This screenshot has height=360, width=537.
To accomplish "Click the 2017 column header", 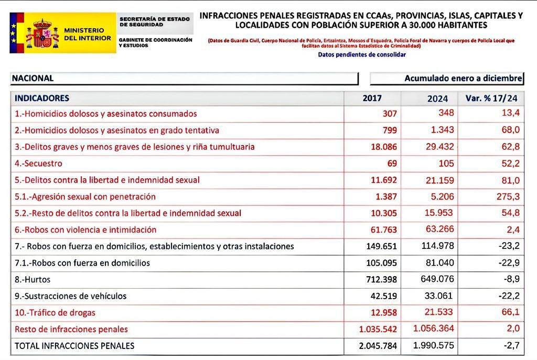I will point(372,98).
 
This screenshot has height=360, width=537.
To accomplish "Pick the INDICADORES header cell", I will point(42,98).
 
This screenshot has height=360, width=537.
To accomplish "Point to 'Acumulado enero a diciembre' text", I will point(463,78).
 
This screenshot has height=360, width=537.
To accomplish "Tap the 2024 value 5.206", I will point(441,197).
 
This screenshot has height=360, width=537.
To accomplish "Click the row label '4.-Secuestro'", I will point(39,163).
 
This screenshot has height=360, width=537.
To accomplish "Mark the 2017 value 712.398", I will point(379,280).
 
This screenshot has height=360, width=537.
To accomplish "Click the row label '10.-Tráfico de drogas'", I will point(55,313).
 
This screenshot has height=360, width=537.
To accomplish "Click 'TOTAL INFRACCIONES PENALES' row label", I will point(74,346).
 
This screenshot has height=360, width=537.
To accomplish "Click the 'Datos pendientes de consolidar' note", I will point(361,54).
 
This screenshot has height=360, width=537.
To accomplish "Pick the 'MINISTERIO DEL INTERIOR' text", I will point(87,34).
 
